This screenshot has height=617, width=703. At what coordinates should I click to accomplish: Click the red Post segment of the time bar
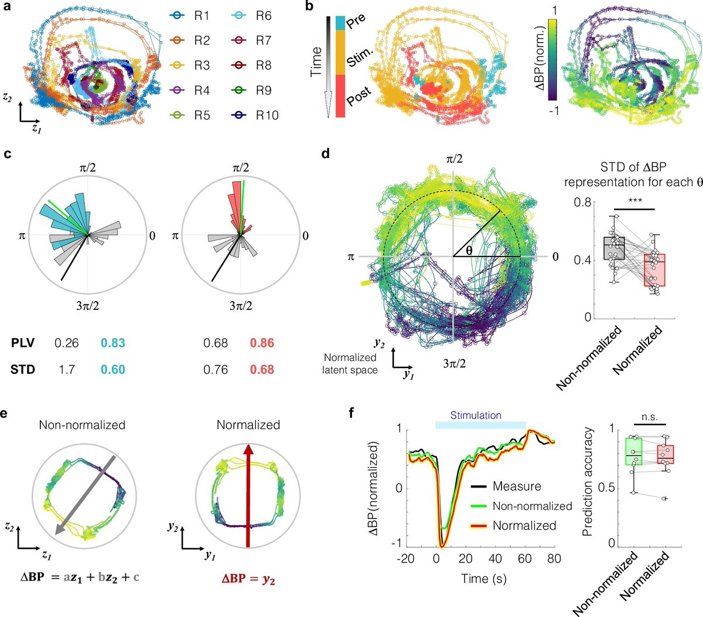[x=340, y=100]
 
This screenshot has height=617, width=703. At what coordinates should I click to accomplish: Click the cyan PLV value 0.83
[x=112, y=343]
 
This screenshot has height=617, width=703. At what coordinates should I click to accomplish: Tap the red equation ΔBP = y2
[x=248, y=578]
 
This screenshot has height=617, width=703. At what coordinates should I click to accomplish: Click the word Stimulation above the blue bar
[x=476, y=415]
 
